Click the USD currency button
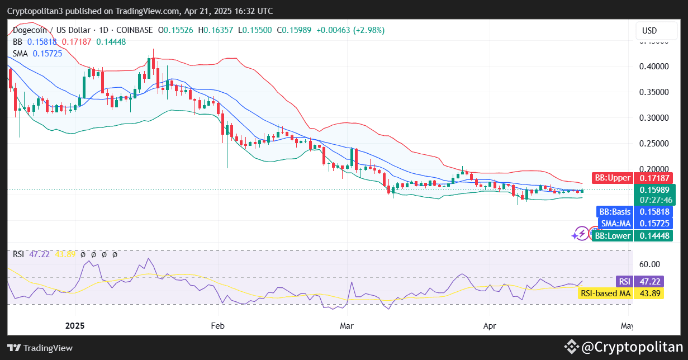[x=649, y=30]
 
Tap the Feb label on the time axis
[x=218, y=325]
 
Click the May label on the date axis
[x=627, y=325]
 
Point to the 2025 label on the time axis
[x=75, y=325]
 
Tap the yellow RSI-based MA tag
[x=620, y=293]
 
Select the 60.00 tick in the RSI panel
[x=649, y=264]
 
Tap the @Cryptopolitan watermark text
[x=632, y=347]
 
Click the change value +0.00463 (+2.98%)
[x=350, y=30]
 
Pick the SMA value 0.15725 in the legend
[x=48, y=53]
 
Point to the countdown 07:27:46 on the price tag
[x=653, y=200]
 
